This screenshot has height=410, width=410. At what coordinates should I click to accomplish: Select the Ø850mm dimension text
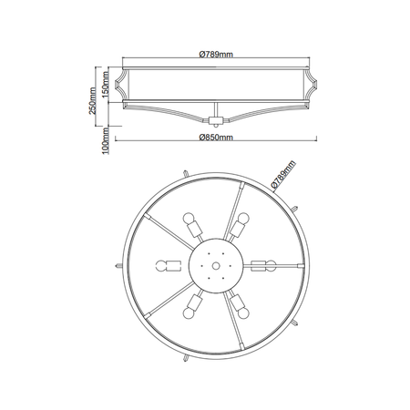point(216,137)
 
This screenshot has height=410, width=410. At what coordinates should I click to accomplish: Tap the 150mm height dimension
point(106,87)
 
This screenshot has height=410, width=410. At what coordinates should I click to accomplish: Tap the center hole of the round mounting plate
point(215,265)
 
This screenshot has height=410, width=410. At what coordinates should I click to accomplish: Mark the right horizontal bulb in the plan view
point(265,265)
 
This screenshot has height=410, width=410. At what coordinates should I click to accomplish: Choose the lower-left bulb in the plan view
point(190,309)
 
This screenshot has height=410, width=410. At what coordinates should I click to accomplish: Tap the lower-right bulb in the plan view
point(241,309)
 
